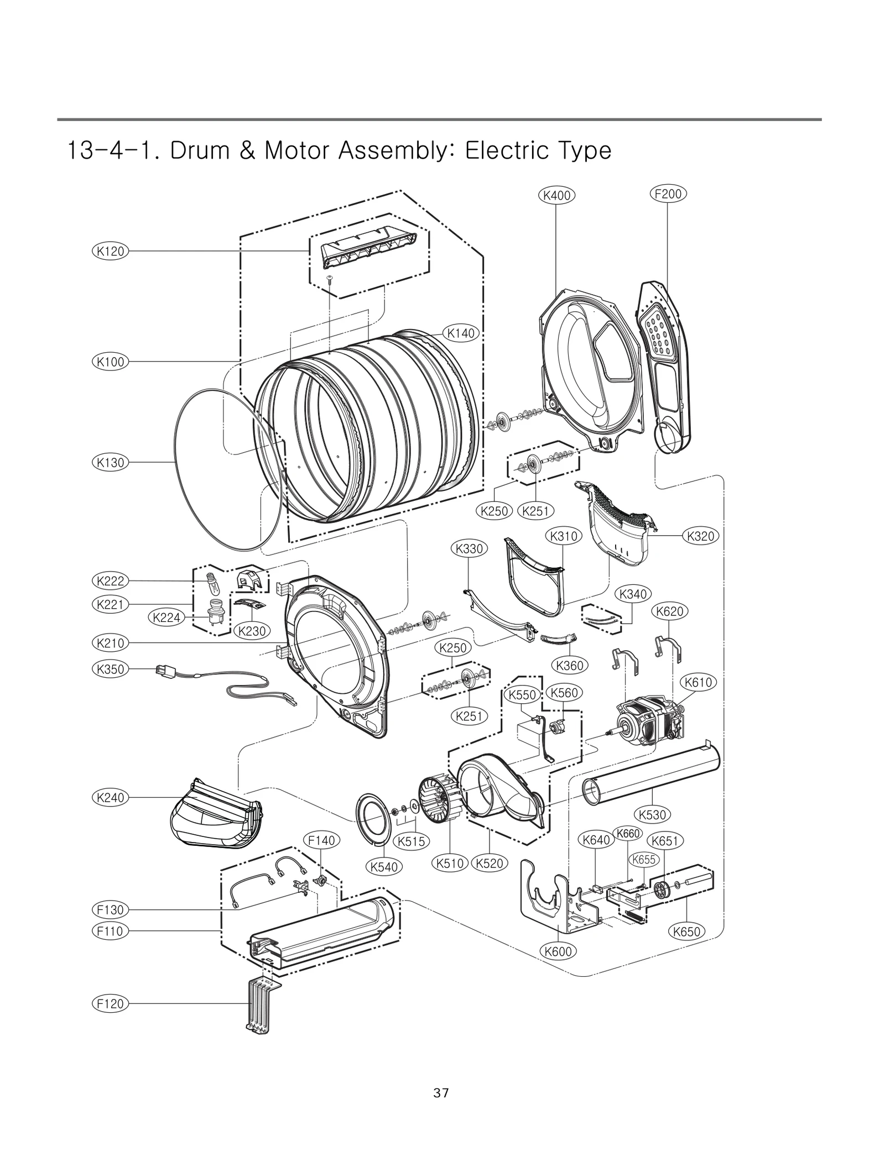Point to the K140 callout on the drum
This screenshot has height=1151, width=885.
coord(461,333)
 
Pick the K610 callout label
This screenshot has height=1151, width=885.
coord(698,682)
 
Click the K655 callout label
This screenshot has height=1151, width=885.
coord(644,860)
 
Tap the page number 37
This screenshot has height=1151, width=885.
coord(441,1093)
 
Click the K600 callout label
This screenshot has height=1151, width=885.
coord(558,951)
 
